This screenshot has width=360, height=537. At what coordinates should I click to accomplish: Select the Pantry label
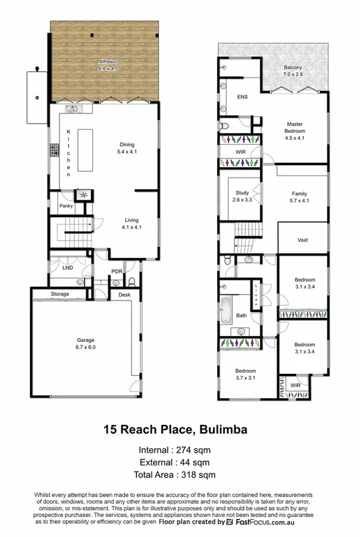[x=65, y=206]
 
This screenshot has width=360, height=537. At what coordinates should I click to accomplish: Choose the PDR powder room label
[x=117, y=272]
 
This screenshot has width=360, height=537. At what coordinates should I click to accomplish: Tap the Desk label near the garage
[x=125, y=294]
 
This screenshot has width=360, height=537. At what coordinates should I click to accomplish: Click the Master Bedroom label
[x=295, y=131]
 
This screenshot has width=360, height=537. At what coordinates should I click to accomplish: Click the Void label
[x=302, y=242]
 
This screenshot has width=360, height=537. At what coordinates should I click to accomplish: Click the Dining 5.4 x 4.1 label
[x=127, y=148]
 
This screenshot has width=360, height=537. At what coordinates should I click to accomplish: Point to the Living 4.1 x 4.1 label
[x=132, y=223]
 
